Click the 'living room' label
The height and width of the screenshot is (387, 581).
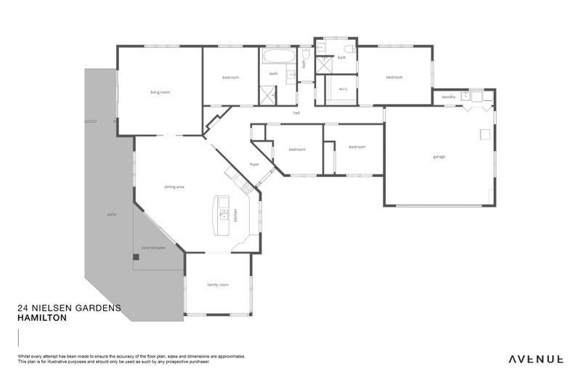point(160,92)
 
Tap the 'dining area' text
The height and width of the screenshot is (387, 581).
point(174,187)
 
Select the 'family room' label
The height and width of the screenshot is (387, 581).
point(218,285)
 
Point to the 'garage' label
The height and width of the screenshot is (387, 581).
point(439,157)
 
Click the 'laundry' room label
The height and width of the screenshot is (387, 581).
point(448,97)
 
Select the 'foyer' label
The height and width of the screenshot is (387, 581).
point(254,164)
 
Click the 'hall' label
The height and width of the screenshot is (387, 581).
point(296,113)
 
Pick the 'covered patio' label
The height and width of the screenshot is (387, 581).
point(153,248)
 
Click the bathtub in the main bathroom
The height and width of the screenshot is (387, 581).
point(278,56)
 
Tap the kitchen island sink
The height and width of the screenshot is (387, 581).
point(224,215)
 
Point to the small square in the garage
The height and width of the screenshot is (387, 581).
point(484,134)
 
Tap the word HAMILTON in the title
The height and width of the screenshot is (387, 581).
point(41,318)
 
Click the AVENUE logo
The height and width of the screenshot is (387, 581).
point(535,359)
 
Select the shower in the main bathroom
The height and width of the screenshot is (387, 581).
point(269,93)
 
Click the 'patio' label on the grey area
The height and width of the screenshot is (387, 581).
point(113,214)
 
